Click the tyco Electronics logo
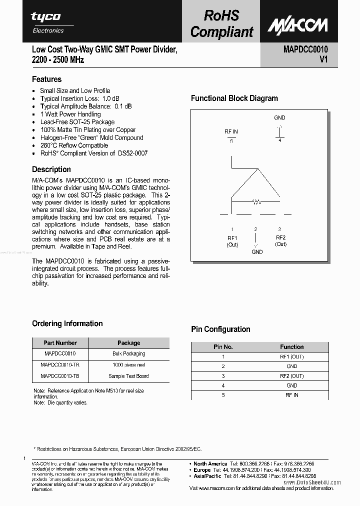click(x=48, y=22)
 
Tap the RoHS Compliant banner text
click(x=221, y=23)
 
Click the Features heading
click(x=46, y=79)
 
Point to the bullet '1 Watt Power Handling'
click(x=70, y=114)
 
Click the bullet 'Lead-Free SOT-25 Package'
click(x=77, y=122)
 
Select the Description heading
click(x=51, y=169)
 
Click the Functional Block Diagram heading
click(x=234, y=98)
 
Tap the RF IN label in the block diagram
click(x=231, y=131)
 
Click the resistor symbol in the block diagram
click(x=256, y=202)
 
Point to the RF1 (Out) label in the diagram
click(x=232, y=241)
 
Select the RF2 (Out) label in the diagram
click(x=280, y=241)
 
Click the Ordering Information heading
click(x=67, y=323)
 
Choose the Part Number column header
click(x=60, y=343)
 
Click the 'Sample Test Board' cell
click(x=128, y=376)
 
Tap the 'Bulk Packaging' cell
click(x=128, y=354)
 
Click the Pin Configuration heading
click(x=220, y=329)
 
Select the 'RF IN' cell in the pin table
click(x=291, y=395)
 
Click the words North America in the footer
click(x=210, y=464)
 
